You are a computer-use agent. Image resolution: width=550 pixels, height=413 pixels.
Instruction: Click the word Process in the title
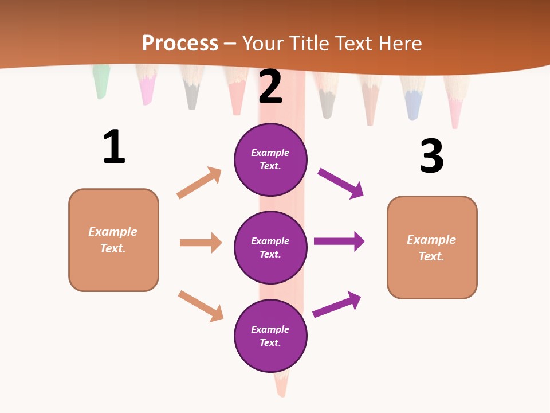click(180, 43)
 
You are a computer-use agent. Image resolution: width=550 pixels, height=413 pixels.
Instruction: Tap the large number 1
click(114, 147)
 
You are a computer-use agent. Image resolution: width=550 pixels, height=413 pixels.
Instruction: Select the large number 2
click(270, 87)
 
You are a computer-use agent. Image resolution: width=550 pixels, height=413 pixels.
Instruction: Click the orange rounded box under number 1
click(113, 240)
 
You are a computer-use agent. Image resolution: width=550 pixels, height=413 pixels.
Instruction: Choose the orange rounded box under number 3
click(432, 247)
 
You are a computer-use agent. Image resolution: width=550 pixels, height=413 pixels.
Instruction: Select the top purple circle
click(270, 159)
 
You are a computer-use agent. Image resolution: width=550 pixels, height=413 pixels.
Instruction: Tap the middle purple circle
click(270, 247)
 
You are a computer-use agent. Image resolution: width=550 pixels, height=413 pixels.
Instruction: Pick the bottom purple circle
click(270, 336)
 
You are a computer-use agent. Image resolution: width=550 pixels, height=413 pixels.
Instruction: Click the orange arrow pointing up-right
click(199, 182)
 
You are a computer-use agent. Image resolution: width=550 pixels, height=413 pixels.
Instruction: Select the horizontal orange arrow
click(201, 243)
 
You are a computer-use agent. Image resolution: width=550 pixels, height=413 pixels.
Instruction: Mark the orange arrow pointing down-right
click(201, 306)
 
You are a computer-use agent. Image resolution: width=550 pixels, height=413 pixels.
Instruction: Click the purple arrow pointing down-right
click(341, 183)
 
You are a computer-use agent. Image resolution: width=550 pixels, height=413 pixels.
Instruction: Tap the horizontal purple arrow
click(339, 241)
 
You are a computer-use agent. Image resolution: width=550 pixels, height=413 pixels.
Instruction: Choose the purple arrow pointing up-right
click(337, 304)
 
